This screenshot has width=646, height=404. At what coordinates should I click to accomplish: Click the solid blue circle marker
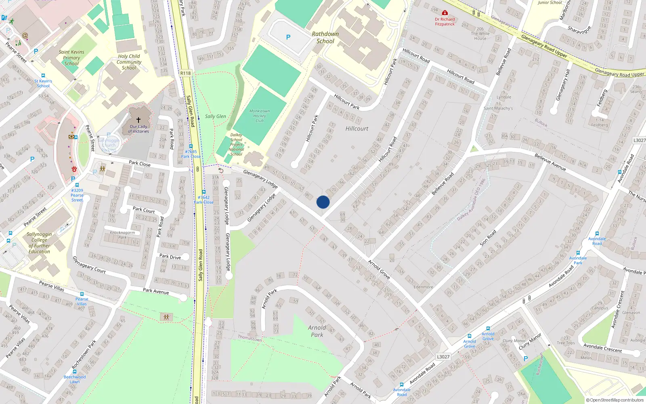[x=323, y=202]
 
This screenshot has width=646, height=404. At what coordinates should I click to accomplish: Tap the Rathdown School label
[x=325, y=38]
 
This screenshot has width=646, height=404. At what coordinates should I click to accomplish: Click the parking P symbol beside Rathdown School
[x=288, y=37]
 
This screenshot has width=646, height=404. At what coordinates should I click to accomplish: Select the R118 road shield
[x=185, y=73]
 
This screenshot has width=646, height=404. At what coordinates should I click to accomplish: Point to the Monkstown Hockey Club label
[x=259, y=116]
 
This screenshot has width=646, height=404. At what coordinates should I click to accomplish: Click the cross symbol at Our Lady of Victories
[x=138, y=120]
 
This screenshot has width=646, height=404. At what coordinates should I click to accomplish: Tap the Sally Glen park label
[x=215, y=116]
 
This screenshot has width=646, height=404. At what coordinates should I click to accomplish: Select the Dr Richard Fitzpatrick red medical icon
[x=445, y=13]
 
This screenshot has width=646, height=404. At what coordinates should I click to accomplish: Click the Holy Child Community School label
[x=129, y=62]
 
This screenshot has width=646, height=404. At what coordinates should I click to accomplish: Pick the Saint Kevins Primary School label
[x=71, y=58]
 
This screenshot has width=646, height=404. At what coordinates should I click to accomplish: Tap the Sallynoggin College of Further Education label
[x=39, y=243]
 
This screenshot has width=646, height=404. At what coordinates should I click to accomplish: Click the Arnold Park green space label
[x=317, y=331]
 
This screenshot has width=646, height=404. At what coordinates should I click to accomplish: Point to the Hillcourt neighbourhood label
[x=357, y=128]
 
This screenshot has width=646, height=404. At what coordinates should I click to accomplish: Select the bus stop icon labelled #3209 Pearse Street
[x=77, y=185]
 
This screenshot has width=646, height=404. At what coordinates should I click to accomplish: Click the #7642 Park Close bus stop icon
[x=203, y=192]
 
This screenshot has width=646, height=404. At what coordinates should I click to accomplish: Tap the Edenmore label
[x=423, y=287]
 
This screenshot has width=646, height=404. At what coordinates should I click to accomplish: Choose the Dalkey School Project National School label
[x=236, y=145]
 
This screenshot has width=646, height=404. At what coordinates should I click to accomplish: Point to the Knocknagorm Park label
[x=122, y=235]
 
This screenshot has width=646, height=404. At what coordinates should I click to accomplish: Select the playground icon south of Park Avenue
[x=166, y=317]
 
